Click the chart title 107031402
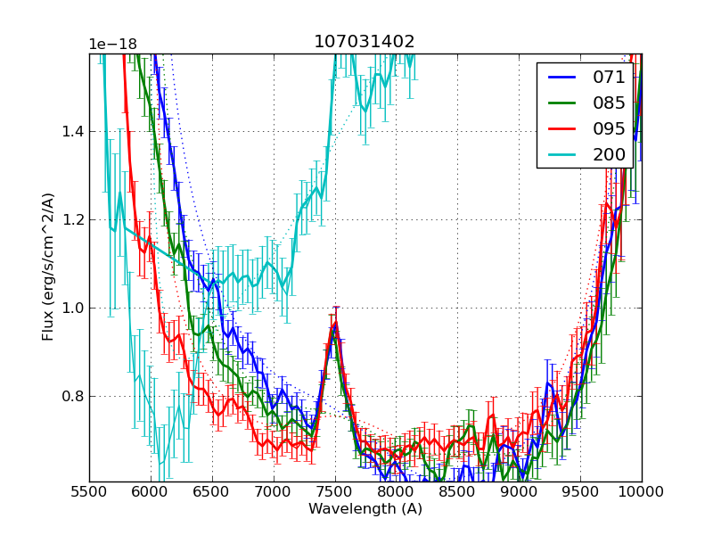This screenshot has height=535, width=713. click(x=365, y=42)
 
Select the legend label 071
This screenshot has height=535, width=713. click(x=610, y=78)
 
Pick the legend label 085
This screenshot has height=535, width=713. click(x=610, y=103)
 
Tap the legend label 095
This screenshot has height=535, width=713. click(x=610, y=128)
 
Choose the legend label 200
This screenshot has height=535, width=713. click(x=610, y=154)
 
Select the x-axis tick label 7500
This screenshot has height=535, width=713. click(x=335, y=491)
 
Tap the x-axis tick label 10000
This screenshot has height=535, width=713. click(x=642, y=491)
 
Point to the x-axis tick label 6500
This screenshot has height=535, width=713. click(x=212, y=491)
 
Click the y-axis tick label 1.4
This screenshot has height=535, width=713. click(x=71, y=132)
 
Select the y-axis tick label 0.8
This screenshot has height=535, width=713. click(x=71, y=396)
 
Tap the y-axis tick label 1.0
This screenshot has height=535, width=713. click(x=71, y=309)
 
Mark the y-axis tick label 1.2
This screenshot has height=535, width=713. click(x=71, y=220)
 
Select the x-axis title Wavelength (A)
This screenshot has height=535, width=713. click(x=365, y=509)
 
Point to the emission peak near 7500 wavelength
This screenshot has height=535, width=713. click(x=335, y=322)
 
